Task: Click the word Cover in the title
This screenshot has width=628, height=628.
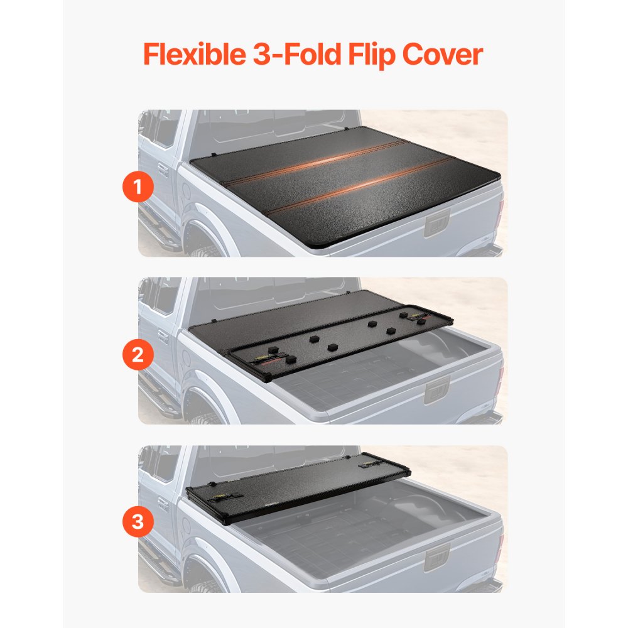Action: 442,55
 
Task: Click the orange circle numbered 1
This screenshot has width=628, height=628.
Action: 138,187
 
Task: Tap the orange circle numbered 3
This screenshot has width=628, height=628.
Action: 138,521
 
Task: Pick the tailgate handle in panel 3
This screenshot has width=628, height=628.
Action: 435,557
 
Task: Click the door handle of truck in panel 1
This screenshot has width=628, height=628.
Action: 163,170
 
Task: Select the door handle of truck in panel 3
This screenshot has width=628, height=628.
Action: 163,505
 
